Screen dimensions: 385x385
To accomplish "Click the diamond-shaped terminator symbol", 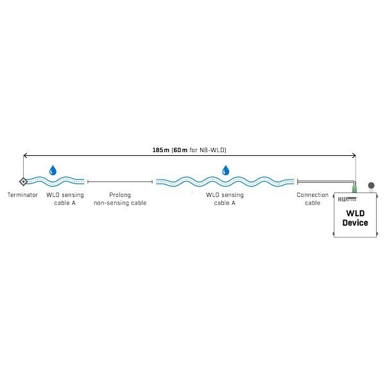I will (23, 182).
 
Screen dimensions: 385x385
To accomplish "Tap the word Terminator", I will (23, 194).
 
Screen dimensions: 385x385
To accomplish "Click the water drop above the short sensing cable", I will (53, 170).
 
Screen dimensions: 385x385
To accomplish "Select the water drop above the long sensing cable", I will (225, 170).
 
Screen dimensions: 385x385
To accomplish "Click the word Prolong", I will (121, 194).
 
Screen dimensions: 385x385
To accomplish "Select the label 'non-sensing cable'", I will (121, 203).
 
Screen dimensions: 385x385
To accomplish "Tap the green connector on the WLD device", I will (354, 190).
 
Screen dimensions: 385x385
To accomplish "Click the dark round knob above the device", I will (370, 186).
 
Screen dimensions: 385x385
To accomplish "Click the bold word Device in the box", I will (355, 223).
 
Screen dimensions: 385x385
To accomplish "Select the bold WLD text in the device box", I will (355, 213).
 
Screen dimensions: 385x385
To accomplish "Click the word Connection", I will (312, 194).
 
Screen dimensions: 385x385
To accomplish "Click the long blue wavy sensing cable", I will (225, 182).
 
